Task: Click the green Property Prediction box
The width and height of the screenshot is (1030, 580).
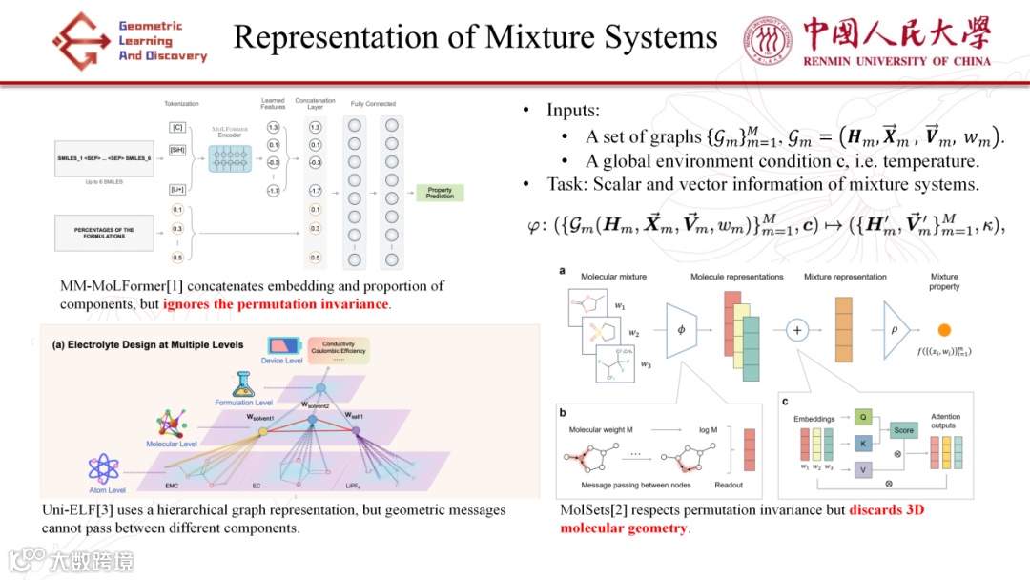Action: pyautogui.click(x=440, y=193)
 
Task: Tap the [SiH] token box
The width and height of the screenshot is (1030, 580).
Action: pyautogui.click(x=177, y=150)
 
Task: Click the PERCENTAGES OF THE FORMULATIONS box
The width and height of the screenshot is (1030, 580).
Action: pyautogui.click(x=104, y=233)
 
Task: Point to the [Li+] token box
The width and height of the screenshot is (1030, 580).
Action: pyautogui.click(x=177, y=190)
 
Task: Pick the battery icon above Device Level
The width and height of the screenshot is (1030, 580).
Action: pyautogui.click(x=280, y=344)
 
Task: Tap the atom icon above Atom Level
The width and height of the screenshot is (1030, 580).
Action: pyautogui.click(x=103, y=468)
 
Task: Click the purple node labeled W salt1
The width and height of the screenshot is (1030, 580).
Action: pyautogui.click(x=357, y=430)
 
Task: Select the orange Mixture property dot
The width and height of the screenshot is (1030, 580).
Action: pyautogui.click(x=944, y=330)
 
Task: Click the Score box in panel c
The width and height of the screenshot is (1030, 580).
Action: pyautogui.click(x=902, y=430)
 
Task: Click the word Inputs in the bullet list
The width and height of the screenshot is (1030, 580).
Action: pyautogui.click(x=572, y=111)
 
